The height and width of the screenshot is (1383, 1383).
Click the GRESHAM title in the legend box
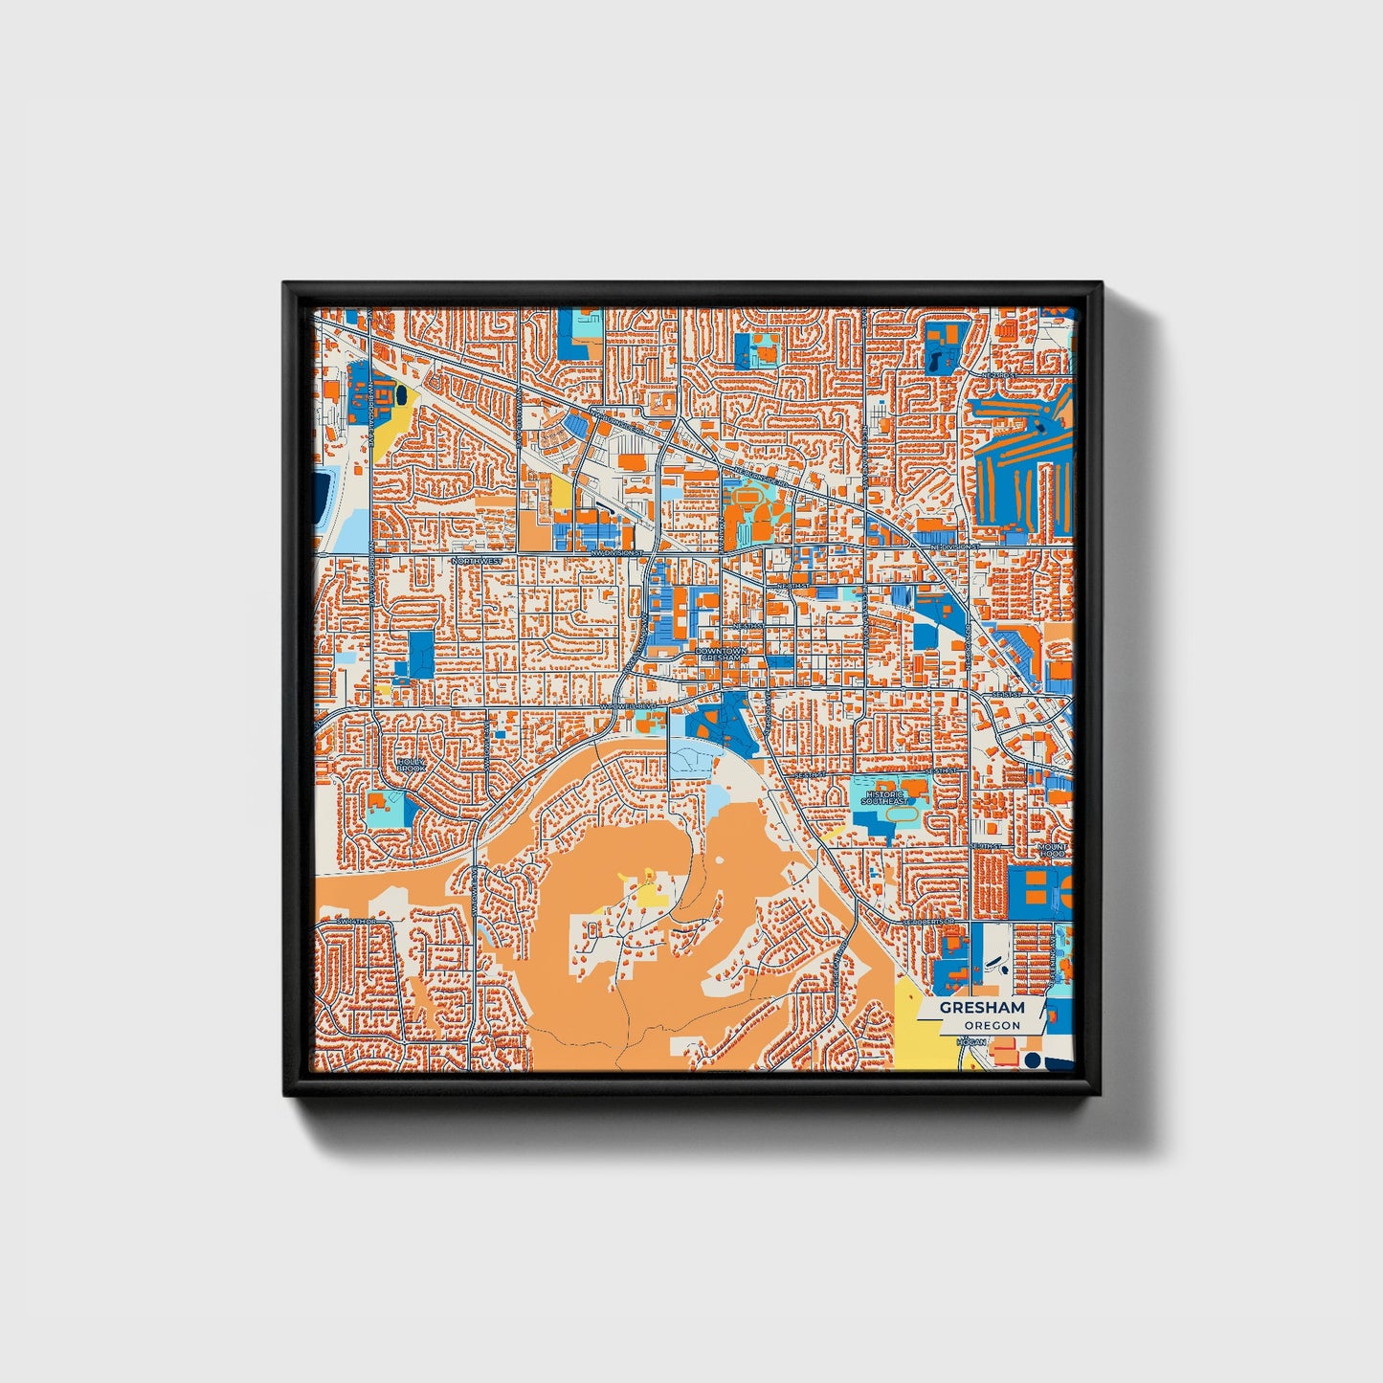981,1008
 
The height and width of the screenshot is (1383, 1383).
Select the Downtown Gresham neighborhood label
720,655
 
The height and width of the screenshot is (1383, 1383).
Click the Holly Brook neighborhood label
410,765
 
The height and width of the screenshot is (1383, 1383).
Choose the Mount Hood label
1052,851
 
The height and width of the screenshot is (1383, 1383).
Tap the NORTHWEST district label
476,561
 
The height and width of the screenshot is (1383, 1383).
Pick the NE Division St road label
953,547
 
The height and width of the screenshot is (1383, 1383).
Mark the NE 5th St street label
746,626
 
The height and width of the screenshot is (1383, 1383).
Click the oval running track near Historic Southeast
900,814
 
